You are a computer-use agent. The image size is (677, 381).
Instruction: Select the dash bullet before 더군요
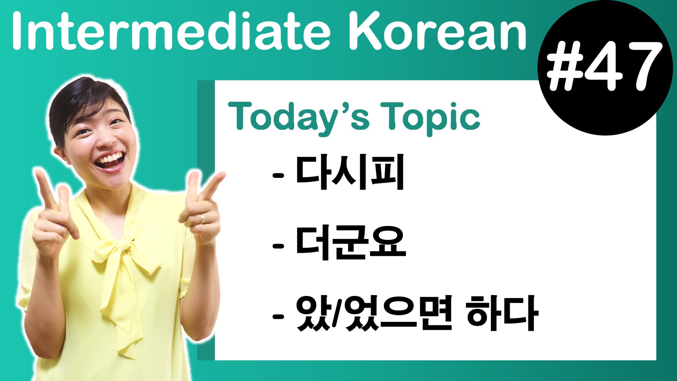pos(278,246)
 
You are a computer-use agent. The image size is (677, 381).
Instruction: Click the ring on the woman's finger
pos(203,218)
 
